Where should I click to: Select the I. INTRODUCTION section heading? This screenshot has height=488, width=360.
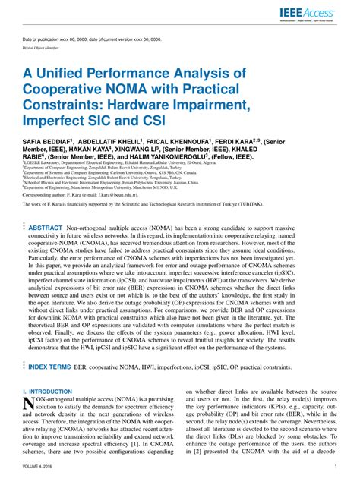click(46, 391)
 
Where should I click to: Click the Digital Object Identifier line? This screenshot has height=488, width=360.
click(44, 46)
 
